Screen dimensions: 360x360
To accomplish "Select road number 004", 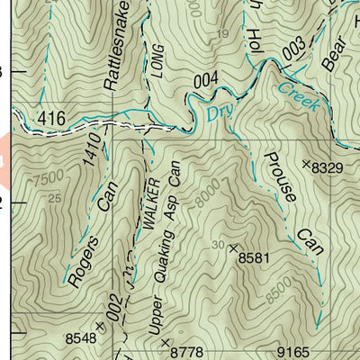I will click(205, 82).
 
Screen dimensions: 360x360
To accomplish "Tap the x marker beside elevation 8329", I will click(306, 165).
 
